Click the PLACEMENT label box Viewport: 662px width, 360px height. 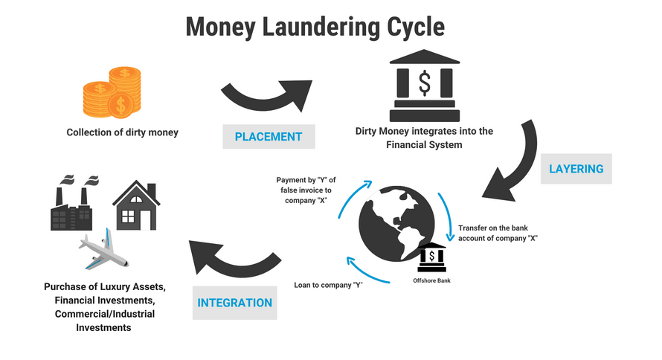(269, 136)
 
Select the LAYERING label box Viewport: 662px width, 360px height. (576, 169)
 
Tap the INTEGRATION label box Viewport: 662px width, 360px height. (235, 303)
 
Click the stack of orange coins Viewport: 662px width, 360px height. (112, 92)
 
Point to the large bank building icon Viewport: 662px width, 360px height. (424, 86)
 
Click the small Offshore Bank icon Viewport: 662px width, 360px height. (431, 257)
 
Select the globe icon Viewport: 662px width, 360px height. (396, 224)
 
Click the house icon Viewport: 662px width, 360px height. (136, 205)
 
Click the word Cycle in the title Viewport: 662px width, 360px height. (416, 27)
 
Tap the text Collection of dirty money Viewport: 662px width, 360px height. (123, 132)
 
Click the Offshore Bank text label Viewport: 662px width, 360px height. (431, 280)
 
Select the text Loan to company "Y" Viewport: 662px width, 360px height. (329, 285)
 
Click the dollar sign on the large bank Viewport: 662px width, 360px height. (425, 83)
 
